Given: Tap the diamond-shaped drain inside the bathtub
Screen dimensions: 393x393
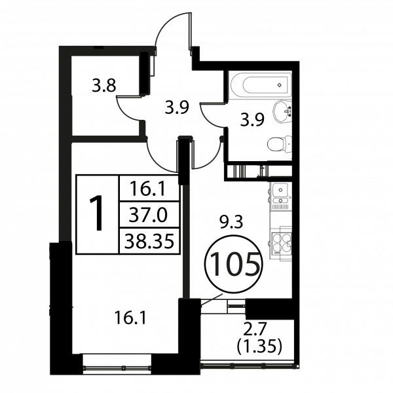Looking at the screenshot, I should tap(280, 84).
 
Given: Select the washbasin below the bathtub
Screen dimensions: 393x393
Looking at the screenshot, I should tap(282, 111).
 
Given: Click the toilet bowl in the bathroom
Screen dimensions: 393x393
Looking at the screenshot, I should tap(280, 143).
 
